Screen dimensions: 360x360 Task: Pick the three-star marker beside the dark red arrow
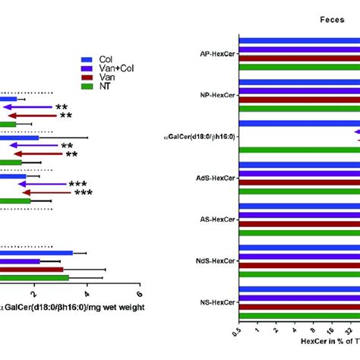[x=83, y=193]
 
